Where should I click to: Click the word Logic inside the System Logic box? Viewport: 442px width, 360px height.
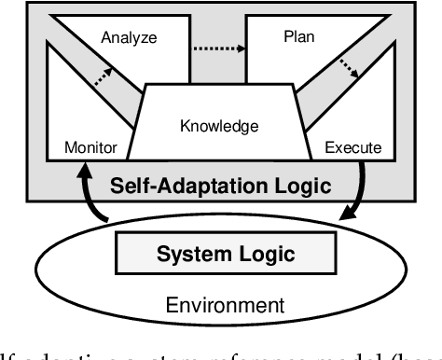point(263,254)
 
